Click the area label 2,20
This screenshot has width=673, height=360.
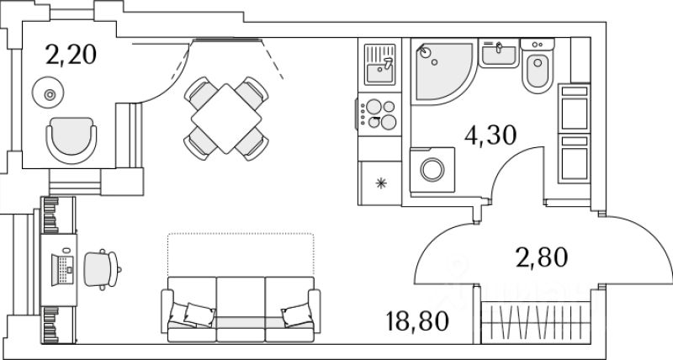point(72,56)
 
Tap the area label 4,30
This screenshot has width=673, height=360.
point(491,135)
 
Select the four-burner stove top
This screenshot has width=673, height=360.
point(379,114)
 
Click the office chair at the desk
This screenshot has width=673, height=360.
point(102,267)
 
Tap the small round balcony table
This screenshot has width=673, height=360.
point(49,93)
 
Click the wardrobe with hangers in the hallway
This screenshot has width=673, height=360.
point(535,321)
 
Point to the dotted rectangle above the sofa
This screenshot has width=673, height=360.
point(240,252)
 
